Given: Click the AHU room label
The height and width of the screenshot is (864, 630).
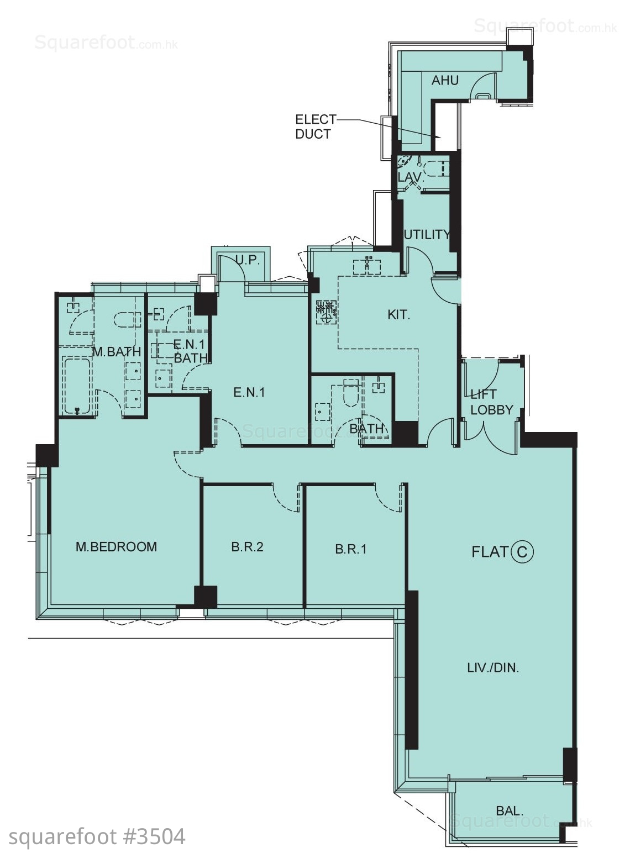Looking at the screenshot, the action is (445, 80).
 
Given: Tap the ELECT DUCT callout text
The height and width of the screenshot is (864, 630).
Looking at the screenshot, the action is (315, 127).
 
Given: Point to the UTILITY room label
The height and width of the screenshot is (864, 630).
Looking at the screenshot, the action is (427, 234).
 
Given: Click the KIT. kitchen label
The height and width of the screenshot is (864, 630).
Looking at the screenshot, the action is (399, 315).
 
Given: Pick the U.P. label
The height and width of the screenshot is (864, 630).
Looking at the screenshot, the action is (247, 260).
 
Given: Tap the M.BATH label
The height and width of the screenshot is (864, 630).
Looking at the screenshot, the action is (117, 351).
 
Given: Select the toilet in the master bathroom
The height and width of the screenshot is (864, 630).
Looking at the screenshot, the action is (126, 319).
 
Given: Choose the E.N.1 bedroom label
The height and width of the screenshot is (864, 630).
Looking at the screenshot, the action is (249, 393).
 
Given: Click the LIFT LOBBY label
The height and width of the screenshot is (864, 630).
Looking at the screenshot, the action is (491, 402).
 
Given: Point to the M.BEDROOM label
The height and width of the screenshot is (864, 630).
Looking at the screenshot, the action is (116, 546).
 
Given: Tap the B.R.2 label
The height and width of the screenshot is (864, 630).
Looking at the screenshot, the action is (247, 546).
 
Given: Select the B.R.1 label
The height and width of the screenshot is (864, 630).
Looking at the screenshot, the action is (351, 549).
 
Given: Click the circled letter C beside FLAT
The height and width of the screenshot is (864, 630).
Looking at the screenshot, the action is (522, 552).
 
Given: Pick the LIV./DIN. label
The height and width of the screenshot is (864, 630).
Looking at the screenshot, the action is (493, 667).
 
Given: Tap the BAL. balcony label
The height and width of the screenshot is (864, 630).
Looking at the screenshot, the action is (510, 810).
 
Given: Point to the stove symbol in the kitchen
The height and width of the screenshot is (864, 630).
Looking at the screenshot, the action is (327, 312).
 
